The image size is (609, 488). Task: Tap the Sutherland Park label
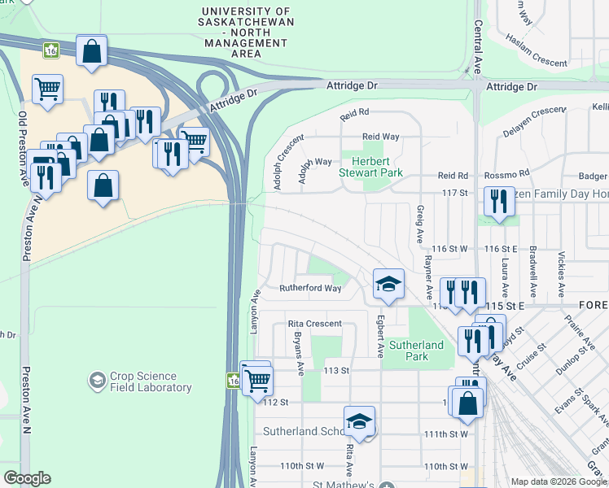416,351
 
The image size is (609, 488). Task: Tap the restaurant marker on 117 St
499,203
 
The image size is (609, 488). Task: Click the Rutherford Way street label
310,288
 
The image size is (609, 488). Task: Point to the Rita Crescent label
315,324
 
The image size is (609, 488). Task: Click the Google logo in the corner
28,478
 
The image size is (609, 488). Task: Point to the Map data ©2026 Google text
559,481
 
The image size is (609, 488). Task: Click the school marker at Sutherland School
358,421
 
